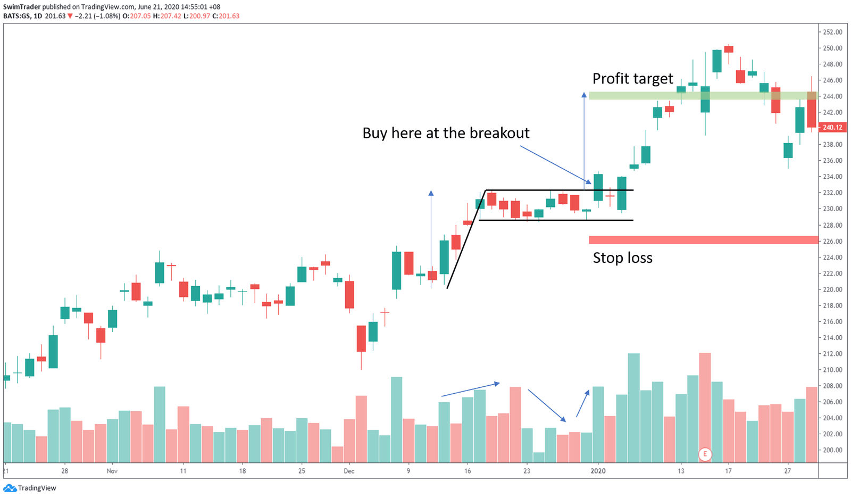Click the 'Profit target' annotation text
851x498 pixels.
632,79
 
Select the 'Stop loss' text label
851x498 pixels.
622,258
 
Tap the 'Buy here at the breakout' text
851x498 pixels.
446,133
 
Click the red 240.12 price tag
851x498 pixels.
832,128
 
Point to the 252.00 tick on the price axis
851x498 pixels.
832,32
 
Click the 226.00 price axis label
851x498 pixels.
832,241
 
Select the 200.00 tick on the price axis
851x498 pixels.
832,450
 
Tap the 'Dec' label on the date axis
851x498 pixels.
349,471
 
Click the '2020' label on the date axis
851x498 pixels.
598,471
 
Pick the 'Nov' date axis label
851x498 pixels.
112,471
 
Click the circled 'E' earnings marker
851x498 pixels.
705,454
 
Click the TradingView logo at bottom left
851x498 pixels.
30,488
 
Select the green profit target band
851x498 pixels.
702,96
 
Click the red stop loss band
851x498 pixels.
702,240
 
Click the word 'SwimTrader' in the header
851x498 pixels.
22,7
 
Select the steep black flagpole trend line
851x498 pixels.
466,239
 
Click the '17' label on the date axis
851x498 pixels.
728,471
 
